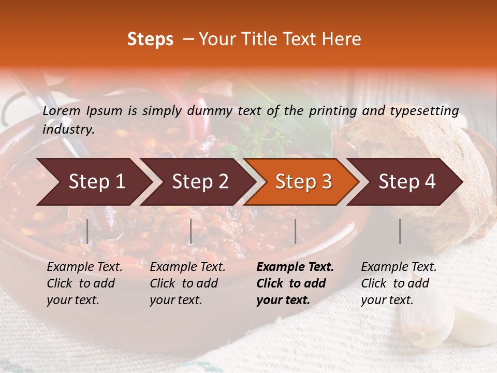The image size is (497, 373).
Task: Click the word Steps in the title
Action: pyautogui.click(x=150, y=39)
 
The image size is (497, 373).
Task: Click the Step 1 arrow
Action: pyautogui.click(x=93, y=182)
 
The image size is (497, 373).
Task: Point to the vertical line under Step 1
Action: pyautogui.click(x=87, y=232)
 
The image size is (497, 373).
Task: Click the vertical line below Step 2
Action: pyautogui.click(x=191, y=232)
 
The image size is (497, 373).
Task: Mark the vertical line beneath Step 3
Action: pyautogui.click(x=295, y=232)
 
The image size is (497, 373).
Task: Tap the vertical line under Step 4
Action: pyautogui.click(x=400, y=232)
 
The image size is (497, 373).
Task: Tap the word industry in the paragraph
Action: pyautogui.click(x=68, y=130)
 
